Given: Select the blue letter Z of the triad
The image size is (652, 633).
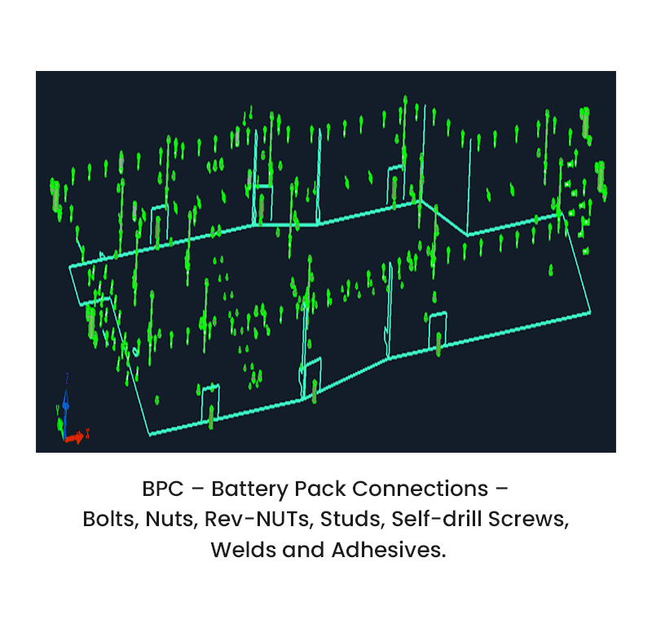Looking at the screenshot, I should coord(66,378).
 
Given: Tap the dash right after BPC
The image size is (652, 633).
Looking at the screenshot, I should coord(196,489).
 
